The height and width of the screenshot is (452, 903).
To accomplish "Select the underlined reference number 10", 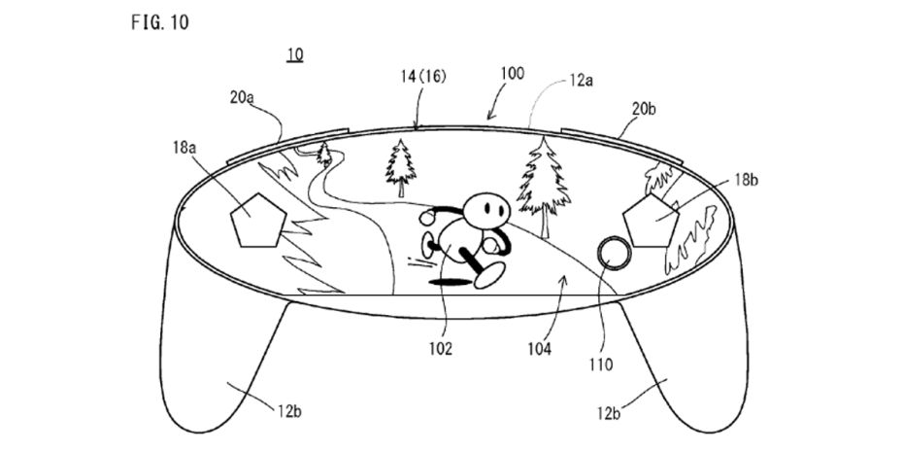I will coord(294,53).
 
